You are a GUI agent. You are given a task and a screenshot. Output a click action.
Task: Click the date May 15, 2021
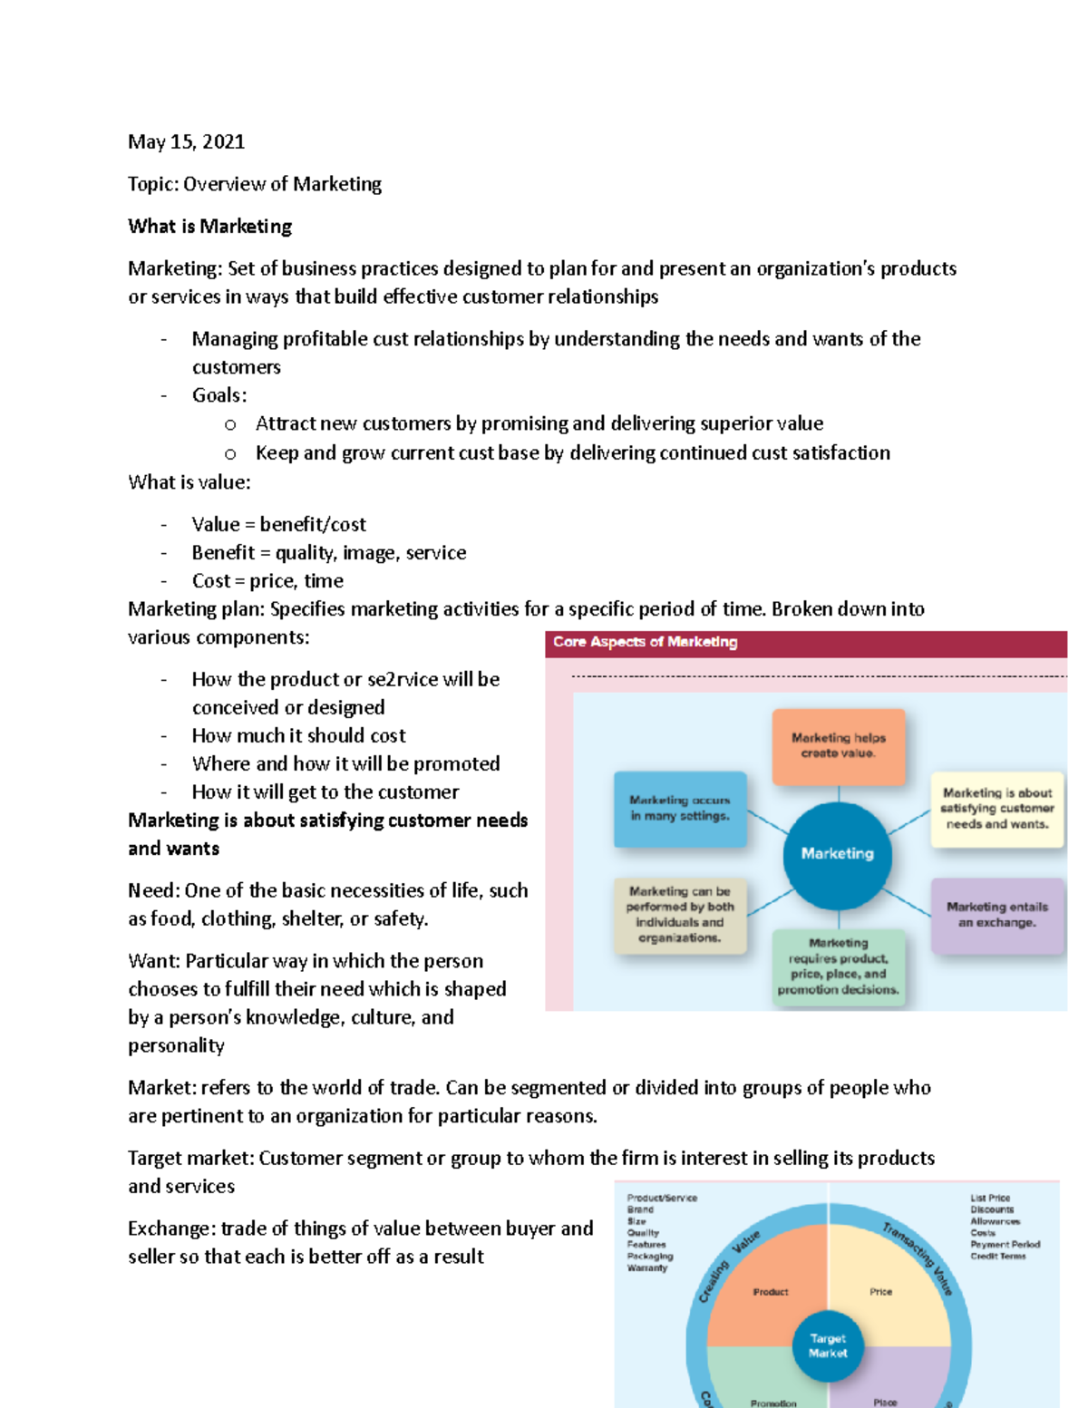186,141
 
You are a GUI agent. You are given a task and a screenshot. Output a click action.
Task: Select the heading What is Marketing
209,227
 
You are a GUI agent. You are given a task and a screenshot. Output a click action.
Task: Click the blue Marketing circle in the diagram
837,854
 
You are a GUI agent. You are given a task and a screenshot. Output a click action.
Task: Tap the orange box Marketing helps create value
838,745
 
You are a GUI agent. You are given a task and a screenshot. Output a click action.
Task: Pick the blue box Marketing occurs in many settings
680,809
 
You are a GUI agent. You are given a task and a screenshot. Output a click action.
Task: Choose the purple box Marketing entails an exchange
996,915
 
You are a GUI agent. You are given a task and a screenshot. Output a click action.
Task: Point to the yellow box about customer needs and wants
996,809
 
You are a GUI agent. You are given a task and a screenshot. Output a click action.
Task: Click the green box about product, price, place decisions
838,967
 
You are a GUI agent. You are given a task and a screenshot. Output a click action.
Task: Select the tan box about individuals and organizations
679,915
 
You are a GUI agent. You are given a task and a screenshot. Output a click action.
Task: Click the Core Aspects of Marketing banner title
645,642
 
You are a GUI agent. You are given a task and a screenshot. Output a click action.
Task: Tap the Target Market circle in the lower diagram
828,1345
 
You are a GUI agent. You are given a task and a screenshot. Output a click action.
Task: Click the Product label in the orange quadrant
771,1292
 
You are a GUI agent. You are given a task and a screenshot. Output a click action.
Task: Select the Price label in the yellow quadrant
880,1292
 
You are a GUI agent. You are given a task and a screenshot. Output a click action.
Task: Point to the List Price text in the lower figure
990,1199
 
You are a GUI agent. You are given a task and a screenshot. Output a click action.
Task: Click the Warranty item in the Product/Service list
647,1268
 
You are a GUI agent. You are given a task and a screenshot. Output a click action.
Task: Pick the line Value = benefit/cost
278,525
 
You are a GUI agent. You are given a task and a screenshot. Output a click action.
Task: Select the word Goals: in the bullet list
219,396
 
